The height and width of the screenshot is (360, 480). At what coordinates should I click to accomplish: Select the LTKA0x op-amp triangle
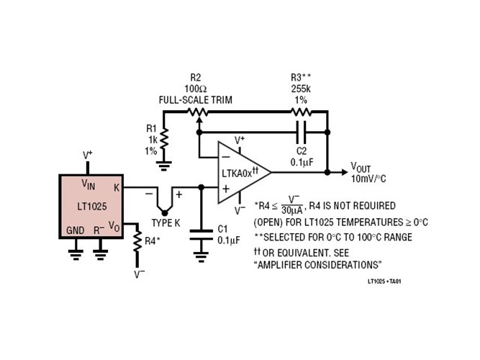242,172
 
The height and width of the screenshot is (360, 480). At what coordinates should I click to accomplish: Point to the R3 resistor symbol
302,112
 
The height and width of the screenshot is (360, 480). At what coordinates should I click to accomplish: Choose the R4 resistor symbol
137,243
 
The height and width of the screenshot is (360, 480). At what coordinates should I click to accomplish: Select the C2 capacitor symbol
302,133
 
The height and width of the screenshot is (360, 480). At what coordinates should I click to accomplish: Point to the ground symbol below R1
163,166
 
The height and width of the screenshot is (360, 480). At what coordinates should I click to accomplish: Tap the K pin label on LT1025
117,187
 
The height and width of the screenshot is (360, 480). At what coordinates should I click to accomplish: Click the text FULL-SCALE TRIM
196,99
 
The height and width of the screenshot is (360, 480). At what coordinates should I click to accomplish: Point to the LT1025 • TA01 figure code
384,282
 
